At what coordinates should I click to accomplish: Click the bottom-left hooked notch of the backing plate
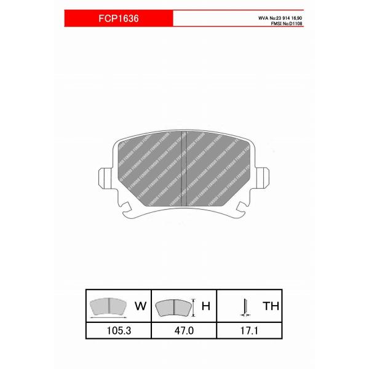click(x=127, y=209)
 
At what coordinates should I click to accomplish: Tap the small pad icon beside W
click(x=108, y=304)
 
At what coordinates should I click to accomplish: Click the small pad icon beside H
click(x=173, y=306)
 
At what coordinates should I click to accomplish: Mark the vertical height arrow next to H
click(x=194, y=306)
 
